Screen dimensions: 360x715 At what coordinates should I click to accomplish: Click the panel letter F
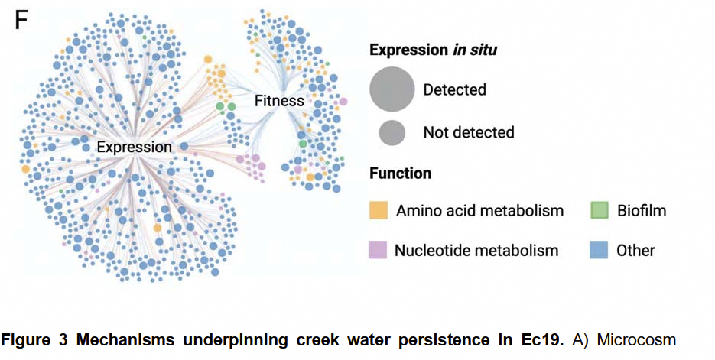pos(22,20)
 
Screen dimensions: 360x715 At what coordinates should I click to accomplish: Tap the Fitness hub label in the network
pos(279,100)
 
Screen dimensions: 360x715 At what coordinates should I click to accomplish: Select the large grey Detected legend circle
pos(392,89)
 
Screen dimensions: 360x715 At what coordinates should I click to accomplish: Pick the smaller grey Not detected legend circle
pos(392,132)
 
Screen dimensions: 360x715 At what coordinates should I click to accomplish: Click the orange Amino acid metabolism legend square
pos(379,210)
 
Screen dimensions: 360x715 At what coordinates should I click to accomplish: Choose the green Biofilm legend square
pos(600,210)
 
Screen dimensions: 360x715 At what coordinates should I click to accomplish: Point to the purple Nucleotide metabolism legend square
pos(379,250)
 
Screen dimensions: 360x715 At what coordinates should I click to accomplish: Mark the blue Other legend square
pos(600,250)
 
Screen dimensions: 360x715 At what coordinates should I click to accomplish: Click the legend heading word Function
pos(400,174)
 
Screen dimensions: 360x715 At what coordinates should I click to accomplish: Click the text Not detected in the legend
pos(469,132)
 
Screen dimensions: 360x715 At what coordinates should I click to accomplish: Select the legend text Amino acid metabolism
pos(479,210)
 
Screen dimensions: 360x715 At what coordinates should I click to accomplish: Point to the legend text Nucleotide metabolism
pos(476,250)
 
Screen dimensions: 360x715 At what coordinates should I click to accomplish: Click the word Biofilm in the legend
pos(642,210)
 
